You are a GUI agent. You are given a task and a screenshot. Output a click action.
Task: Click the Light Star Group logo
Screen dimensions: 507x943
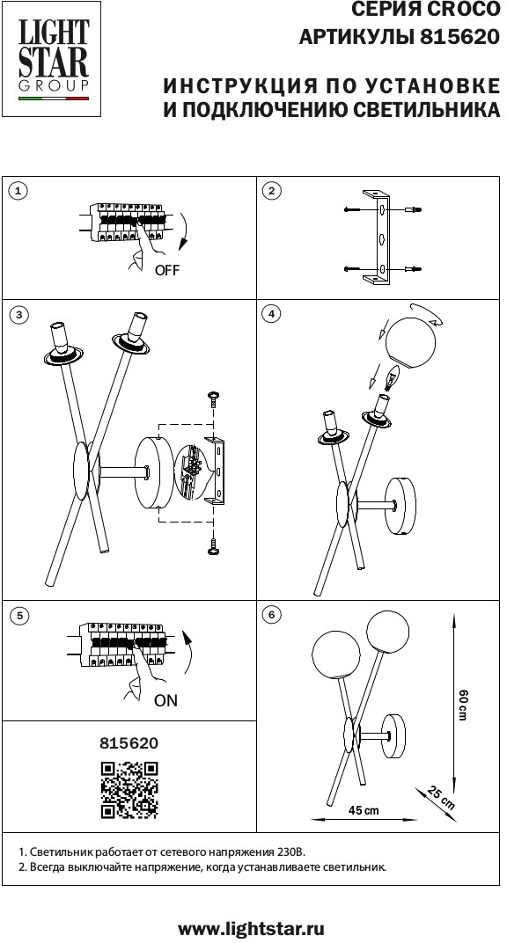pos(52,58)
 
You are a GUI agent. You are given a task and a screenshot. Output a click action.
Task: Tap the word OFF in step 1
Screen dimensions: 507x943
pos(166,270)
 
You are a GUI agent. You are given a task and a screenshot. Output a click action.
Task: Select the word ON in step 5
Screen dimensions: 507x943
pos(166,700)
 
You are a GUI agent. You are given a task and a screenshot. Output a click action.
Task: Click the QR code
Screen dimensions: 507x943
pos(129,790)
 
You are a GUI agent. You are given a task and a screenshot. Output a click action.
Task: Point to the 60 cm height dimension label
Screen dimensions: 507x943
pos(462,705)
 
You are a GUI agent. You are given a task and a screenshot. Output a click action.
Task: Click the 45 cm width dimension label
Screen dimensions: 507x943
pos(364,810)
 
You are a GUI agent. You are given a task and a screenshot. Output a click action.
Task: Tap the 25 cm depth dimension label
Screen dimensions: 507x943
pos(442,797)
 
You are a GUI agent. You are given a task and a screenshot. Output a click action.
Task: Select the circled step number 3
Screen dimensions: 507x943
pos(20,315)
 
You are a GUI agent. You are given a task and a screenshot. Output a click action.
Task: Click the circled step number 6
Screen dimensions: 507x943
pos(272,615)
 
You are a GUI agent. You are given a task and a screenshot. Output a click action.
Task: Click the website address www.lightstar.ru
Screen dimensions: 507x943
pos(252,928)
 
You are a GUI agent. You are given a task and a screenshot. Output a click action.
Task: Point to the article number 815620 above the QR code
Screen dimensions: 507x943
pos(129,743)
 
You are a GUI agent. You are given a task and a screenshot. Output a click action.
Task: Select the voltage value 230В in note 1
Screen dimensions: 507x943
pos(290,852)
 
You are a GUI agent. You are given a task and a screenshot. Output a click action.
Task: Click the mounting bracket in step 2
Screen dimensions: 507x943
pos(378,238)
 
